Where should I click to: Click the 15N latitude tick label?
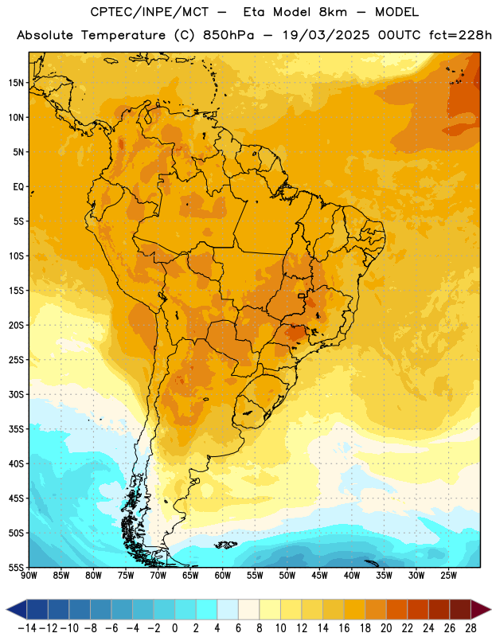point(16,83)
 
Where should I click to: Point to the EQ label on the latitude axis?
point(18,187)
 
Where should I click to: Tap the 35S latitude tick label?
point(16,429)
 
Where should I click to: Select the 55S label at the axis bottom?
point(16,567)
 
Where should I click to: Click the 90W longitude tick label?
point(29,576)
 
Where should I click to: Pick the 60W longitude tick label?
point(223,576)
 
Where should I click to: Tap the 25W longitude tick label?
point(448,576)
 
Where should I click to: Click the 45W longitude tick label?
point(319,576)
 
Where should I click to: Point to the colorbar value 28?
point(471,628)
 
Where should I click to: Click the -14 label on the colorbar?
point(27,628)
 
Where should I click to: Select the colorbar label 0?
point(174,628)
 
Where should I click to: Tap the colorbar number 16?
point(344,628)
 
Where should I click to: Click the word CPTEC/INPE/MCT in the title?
point(150,12)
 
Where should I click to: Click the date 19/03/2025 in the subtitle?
point(326,35)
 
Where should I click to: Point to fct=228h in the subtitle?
point(460,35)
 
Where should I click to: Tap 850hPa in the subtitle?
point(228,35)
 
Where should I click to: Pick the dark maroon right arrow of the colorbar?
point(480,609)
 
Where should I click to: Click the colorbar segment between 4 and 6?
point(228,609)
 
